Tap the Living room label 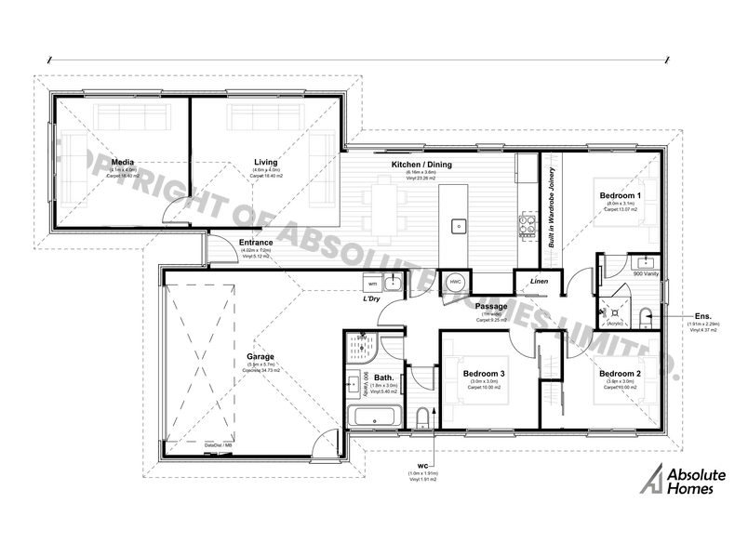pyautogui.click(x=265, y=162)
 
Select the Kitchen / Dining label pyautogui.click(x=427, y=165)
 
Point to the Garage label pyautogui.click(x=260, y=356)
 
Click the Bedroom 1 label pyautogui.click(x=621, y=195)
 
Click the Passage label pyautogui.click(x=490, y=306)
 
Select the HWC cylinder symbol pyautogui.click(x=455, y=281)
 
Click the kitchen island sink pyautogui.click(x=458, y=225)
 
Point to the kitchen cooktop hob pyautogui.click(x=528, y=224)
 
